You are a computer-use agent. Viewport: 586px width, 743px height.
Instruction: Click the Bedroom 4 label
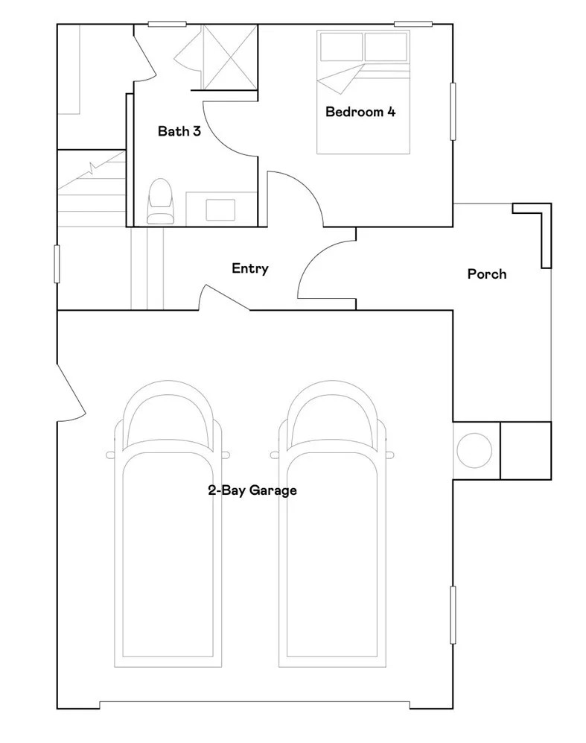click(x=360, y=112)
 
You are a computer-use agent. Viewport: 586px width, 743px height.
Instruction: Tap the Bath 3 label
click(x=179, y=130)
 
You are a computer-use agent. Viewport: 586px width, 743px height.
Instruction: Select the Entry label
click(x=250, y=269)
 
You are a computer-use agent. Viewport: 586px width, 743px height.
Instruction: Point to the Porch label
click(x=487, y=274)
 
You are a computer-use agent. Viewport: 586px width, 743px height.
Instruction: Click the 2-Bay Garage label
click(x=252, y=490)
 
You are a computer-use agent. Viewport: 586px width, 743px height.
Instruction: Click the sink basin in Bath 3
click(x=220, y=210)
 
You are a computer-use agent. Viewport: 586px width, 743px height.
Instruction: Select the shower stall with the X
click(x=229, y=57)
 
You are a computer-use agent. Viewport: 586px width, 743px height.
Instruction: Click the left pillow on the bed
click(x=341, y=47)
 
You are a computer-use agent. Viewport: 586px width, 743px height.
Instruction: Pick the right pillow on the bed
click(x=386, y=47)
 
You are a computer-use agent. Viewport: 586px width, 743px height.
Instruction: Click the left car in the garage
click(x=168, y=524)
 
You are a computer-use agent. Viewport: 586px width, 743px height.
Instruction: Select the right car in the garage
click(x=332, y=524)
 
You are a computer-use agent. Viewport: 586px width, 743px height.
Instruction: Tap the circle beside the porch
click(x=474, y=451)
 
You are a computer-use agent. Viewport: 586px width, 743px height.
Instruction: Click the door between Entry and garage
click(x=224, y=299)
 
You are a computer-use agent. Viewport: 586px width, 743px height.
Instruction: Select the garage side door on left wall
click(x=71, y=392)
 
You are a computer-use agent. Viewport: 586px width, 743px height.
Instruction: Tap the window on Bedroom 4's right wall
click(x=453, y=111)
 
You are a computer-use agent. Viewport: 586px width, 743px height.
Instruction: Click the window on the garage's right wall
click(x=453, y=615)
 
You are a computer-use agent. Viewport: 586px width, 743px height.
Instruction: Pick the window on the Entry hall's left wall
click(x=57, y=264)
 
